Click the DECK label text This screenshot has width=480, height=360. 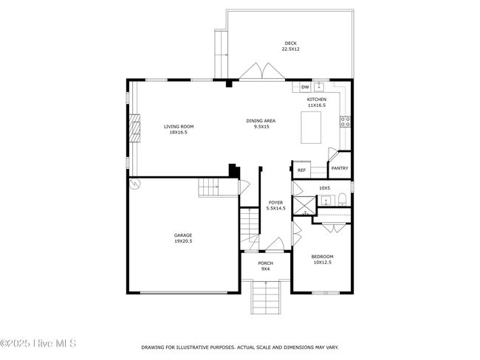[290, 44]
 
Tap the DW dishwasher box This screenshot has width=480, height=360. [305, 87]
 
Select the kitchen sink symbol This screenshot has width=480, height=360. [319, 87]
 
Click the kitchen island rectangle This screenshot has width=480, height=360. [311, 127]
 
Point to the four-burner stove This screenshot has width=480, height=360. [346, 122]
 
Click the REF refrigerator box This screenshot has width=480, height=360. [301, 170]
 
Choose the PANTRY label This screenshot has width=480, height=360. [340, 168]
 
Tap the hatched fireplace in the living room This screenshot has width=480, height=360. [134, 128]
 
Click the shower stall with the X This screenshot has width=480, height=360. [304, 206]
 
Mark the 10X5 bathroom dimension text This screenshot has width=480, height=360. [325, 188]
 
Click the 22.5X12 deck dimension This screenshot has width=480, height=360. [290, 49]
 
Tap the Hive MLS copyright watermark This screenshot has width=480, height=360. [38, 343]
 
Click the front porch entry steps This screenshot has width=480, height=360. [266, 297]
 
